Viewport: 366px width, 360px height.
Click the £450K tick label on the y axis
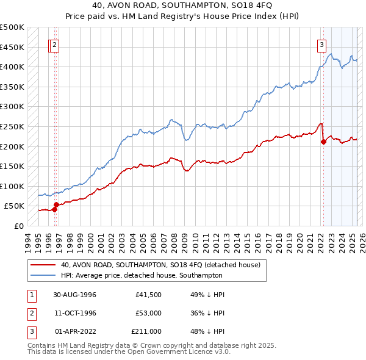tap(12, 47)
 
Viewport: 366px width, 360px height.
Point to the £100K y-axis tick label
tap(12, 186)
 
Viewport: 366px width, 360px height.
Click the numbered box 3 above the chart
tap(321, 44)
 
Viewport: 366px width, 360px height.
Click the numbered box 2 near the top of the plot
tap(55, 44)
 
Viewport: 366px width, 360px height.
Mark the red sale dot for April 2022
tap(323, 142)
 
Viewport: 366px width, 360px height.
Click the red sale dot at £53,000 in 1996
tap(56, 205)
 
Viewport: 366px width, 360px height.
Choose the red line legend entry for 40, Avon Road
tap(160, 265)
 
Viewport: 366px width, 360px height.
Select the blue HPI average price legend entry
tap(142, 275)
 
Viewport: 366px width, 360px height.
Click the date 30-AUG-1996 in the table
tap(75, 295)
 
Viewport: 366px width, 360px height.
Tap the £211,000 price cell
tap(146, 331)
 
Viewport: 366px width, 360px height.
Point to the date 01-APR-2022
tap(75, 331)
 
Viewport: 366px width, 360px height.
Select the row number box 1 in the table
tap(31, 295)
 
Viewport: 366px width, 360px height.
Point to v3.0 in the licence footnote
tap(221, 352)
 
